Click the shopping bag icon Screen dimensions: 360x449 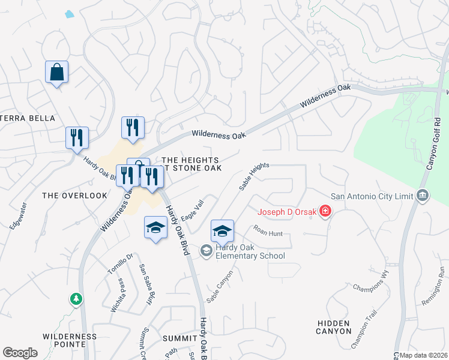point(56,73)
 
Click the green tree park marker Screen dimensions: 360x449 point(76,298)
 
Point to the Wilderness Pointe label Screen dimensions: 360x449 point(70,340)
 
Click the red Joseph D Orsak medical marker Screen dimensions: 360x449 point(325,211)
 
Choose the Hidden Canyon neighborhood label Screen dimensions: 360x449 point(334,327)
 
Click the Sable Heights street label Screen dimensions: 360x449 point(254,176)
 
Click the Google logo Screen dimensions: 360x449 point(20,353)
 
